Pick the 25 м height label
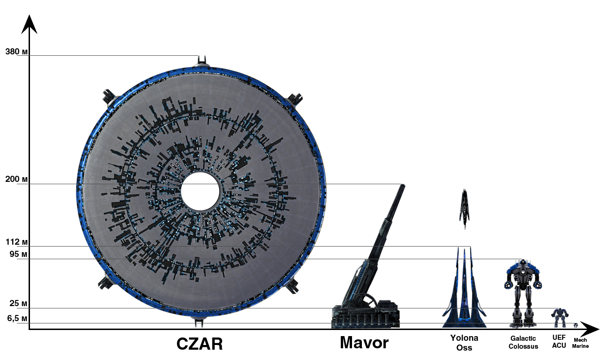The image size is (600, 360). [x=18, y=304]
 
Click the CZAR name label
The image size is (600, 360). [x=200, y=344]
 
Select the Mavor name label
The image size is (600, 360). [x=364, y=343]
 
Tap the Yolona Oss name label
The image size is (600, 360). [x=464, y=343]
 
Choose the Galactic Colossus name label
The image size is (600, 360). [x=523, y=343]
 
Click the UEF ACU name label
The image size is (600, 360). [x=559, y=341]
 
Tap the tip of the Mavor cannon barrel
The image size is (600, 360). [x=402, y=187]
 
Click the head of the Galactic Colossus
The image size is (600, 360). [x=523, y=263]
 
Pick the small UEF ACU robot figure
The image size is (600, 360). [x=559, y=317]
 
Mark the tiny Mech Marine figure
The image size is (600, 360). [x=576, y=325]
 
